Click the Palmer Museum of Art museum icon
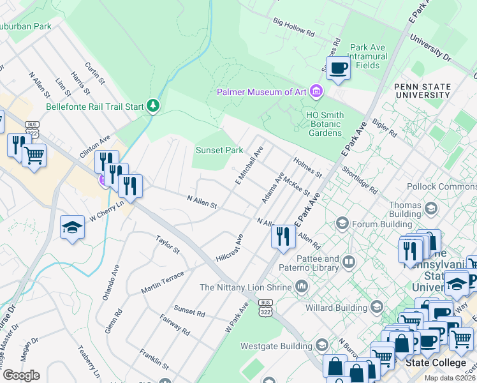[x=316, y=92]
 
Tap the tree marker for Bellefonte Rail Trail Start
[x=152, y=105]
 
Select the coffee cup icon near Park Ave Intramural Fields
[x=337, y=68]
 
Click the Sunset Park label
[x=219, y=151]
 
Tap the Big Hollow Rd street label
[x=294, y=27]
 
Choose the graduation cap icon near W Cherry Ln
[x=73, y=227]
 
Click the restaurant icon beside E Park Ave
[x=283, y=236]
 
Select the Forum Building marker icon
[x=342, y=223]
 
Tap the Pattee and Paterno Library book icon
[x=348, y=262]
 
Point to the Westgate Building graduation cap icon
[x=321, y=346]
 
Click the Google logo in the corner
[x=20, y=375]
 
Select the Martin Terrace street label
[x=163, y=282]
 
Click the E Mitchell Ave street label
[x=249, y=164]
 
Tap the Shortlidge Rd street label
[x=360, y=181]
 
